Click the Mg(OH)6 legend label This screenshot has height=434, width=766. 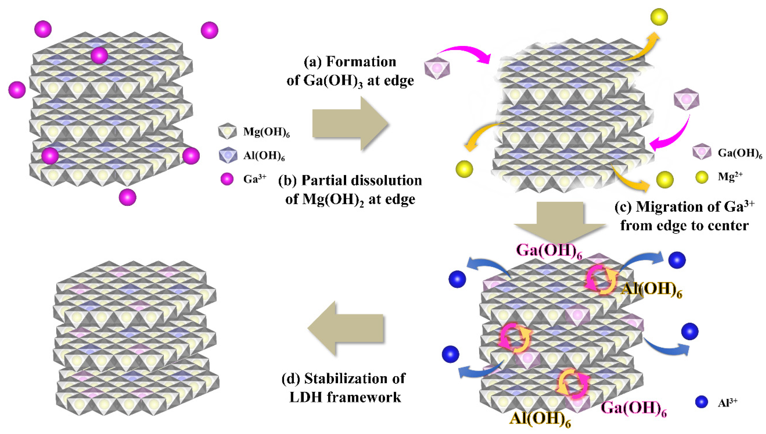coord(266,132)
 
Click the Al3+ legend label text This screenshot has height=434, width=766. coord(727,402)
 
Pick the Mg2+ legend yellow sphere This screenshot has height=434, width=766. coord(702,177)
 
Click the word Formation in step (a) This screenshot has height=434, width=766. coord(361,62)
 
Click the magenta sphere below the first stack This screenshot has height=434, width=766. coord(127,197)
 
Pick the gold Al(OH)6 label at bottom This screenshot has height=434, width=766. coord(540,419)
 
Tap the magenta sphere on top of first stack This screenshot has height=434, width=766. coord(99,55)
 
